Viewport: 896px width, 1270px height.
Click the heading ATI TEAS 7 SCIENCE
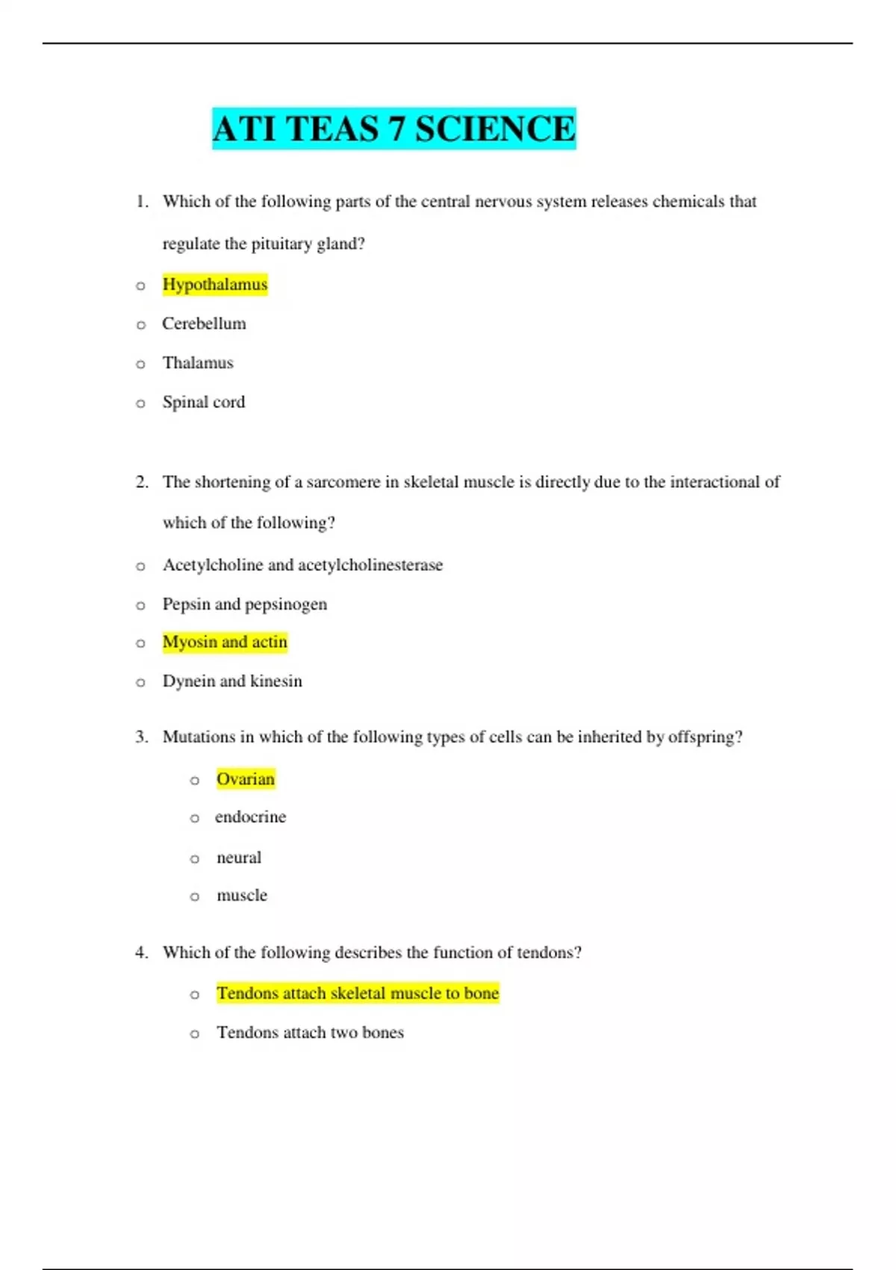coord(393,128)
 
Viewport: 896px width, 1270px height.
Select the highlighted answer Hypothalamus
coord(215,285)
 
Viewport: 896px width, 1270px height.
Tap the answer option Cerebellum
coord(204,324)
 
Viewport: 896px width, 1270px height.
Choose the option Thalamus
coord(198,363)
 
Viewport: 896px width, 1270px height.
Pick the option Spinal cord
coord(204,403)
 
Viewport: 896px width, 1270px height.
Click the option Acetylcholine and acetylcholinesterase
coord(302,566)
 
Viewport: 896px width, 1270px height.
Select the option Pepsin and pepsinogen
coord(245,604)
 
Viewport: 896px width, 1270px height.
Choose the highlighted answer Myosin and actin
coord(225,642)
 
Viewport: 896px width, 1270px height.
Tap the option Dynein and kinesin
coord(232,681)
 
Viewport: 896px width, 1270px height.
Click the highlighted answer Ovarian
coord(246,779)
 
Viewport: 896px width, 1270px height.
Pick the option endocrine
coord(250,817)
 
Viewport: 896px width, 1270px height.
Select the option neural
coord(239,858)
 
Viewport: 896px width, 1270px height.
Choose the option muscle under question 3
coord(242,896)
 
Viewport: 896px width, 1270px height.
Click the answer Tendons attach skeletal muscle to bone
coord(358,994)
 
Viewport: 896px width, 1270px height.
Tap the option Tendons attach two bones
coord(310,1032)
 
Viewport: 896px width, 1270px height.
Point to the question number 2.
coord(142,483)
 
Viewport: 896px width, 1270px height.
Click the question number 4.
coord(142,952)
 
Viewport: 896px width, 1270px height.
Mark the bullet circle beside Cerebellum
coord(140,325)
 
